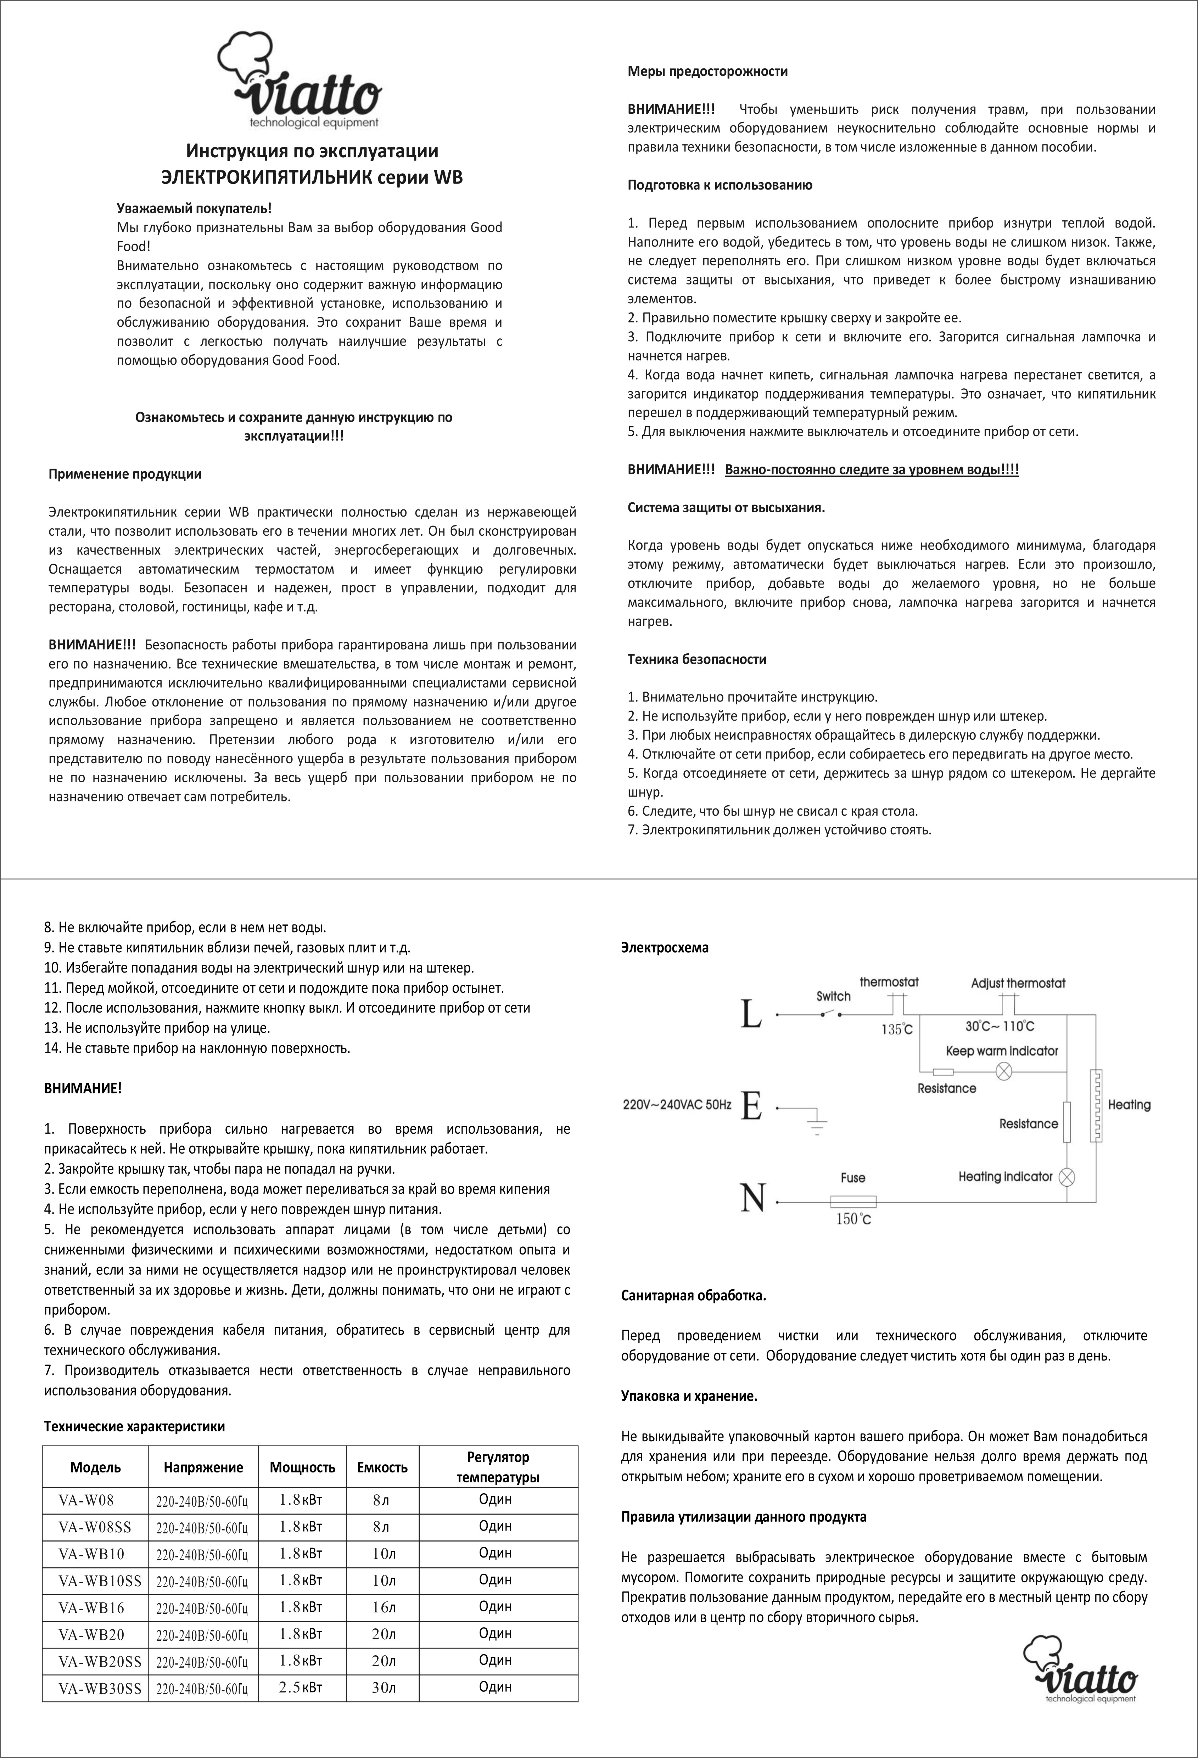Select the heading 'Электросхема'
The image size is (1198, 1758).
coord(665,947)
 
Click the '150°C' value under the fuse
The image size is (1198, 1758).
coord(853,1219)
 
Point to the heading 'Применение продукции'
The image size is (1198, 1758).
coord(125,474)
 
